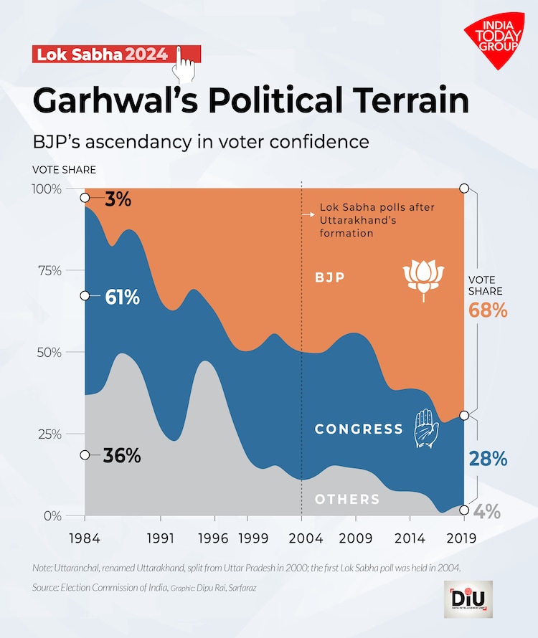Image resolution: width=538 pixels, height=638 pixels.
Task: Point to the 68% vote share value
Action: tap(488, 310)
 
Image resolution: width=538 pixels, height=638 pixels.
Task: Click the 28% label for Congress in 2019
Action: tap(488, 459)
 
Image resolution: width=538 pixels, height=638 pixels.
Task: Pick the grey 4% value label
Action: tap(488, 512)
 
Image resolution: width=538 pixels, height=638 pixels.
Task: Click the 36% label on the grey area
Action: tap(121, 455)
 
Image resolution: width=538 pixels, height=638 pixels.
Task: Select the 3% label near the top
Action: tap(118, 199)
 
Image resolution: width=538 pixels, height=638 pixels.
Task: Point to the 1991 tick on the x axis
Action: tap(160, 536)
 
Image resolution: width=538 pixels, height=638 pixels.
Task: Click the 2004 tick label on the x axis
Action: tap(301, 536)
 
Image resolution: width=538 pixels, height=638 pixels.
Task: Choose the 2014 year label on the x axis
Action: tap(410, 536)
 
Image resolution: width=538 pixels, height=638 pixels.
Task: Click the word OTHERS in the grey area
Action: tap(347, 499)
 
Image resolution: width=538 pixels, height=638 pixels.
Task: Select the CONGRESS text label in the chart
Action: tap(359, 429)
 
